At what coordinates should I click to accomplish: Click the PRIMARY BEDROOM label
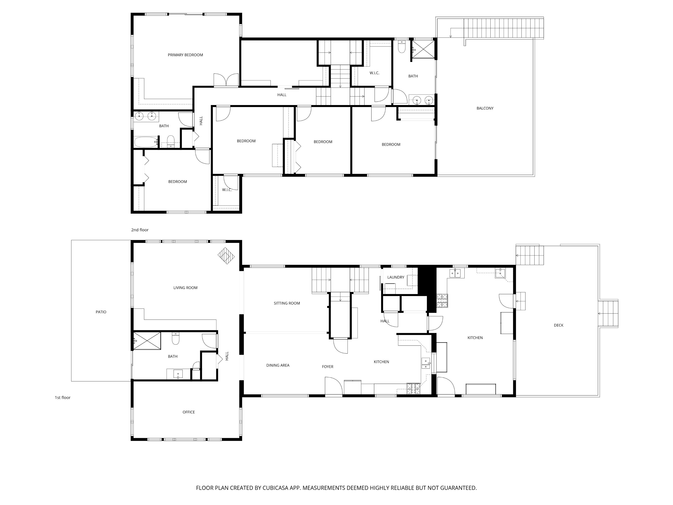point(185,55)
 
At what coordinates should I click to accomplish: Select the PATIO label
point(101,312)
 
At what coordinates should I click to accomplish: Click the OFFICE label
point(189,412)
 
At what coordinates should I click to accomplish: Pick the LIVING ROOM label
point(185,288)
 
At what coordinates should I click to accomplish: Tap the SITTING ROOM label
point(287,303)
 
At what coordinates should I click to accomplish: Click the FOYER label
point(328,367)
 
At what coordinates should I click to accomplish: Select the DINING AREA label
point(278,365)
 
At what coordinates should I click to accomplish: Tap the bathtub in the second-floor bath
point(146,142)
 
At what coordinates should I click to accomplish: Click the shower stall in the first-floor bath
point(147,341)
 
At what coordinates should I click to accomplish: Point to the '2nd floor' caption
point(140,230)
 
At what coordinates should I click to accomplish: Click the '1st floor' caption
point(62,397)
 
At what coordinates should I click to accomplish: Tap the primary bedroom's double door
point(226,80)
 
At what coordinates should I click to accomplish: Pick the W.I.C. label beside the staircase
point(374,73)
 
